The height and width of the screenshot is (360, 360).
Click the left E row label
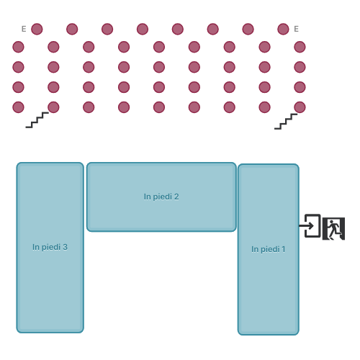24,29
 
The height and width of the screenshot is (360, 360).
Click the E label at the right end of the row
296,29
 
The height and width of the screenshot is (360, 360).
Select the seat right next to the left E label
37,29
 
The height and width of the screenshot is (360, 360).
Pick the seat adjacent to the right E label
283,29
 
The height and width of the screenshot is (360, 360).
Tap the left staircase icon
37,120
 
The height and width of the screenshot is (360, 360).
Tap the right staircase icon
286,122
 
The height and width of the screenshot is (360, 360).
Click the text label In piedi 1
269,249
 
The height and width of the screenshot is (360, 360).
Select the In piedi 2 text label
161,197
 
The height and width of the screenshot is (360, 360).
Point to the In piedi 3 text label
50,247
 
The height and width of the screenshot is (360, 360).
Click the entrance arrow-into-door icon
310,225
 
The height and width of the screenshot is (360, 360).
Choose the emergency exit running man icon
333,228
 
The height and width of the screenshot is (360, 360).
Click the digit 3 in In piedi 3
65,247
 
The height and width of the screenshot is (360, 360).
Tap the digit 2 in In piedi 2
176,197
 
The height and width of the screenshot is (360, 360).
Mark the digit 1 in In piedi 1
284,249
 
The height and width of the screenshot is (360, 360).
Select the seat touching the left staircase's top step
53,107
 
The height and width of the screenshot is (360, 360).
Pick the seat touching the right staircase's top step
300,107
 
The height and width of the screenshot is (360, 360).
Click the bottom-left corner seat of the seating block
18,107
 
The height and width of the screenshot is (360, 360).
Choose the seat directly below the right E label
300,47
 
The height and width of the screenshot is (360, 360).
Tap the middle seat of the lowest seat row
159,107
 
